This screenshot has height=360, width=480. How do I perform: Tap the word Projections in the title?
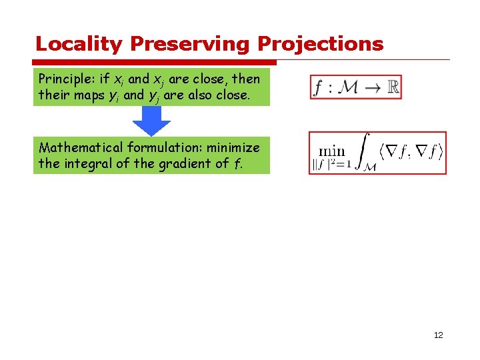[x=321, y=45]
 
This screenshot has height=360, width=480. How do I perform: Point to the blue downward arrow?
[x=151, y=121]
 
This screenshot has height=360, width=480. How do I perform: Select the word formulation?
[x=167, y=147]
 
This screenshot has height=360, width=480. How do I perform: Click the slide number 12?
[x=438, y=335]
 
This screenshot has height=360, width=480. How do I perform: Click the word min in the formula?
[x=331, y=151]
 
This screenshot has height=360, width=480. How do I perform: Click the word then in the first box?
[x=245, y=79]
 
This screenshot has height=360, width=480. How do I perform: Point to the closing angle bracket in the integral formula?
[x=440, y=151]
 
